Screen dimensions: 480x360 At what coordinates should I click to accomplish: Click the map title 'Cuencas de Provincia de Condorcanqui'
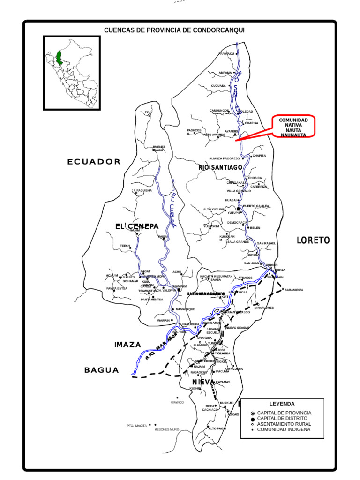174,30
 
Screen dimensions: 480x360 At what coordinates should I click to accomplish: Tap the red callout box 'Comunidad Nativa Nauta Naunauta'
293,127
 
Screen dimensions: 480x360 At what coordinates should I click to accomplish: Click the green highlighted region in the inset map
60,57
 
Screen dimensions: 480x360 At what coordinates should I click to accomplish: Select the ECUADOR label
94,162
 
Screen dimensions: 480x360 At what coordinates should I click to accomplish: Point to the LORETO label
313,240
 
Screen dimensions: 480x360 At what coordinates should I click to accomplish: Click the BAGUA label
102,370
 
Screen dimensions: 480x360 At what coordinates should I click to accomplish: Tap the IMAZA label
127,345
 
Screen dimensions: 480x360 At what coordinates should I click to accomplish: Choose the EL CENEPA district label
137,226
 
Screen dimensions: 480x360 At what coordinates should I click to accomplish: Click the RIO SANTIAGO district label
220,167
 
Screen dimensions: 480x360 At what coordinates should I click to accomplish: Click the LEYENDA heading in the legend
282,404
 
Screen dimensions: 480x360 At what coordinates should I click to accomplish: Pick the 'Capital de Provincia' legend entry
284,413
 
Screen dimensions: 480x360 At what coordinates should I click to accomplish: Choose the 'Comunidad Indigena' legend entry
283,429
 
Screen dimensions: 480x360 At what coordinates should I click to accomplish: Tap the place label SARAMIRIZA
294,290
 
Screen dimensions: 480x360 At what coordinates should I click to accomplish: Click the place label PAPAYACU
226,54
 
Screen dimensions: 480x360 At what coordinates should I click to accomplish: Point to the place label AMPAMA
225,73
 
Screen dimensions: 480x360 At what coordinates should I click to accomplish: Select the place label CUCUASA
218,86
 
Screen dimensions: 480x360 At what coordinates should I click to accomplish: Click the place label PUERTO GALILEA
256,206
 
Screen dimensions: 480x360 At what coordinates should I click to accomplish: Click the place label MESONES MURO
166,429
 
